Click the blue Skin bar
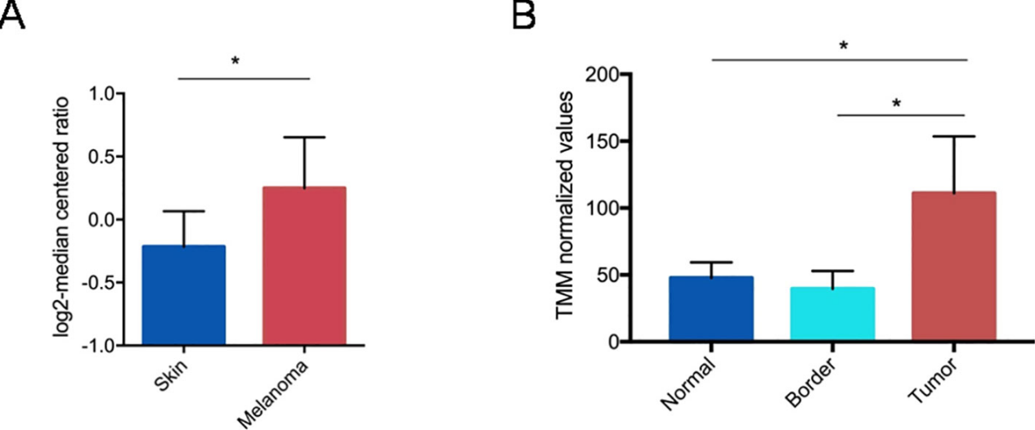(183, 294)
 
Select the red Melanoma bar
(303, 266)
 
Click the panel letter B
(525, 16)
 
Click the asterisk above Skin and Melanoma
(235, 60)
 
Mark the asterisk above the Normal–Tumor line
(843, 46)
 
